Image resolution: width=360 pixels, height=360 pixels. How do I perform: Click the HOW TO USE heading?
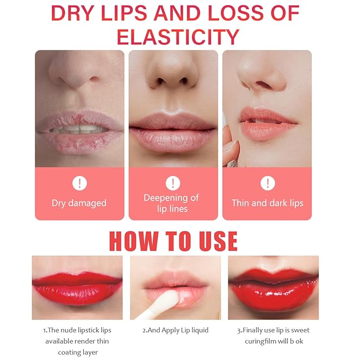point(173,240)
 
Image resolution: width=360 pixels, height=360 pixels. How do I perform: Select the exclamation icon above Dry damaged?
point(79,184)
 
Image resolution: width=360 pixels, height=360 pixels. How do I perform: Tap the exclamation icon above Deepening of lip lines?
point(173,183)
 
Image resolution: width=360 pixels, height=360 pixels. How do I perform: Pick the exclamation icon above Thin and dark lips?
point(267,184)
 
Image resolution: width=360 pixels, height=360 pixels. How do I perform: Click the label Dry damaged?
point(79,203)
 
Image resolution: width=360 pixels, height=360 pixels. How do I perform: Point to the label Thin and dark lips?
point(267,203)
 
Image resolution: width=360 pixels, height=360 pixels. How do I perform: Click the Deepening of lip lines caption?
point(171,203)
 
